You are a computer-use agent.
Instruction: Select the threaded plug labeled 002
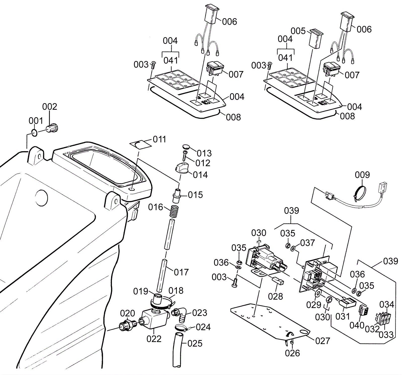[53, 128]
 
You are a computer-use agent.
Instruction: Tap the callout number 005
[298, 31]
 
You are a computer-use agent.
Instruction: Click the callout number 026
[292, 353]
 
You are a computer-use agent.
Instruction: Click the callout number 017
[181, 272]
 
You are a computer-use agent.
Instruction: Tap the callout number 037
[308, 243]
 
